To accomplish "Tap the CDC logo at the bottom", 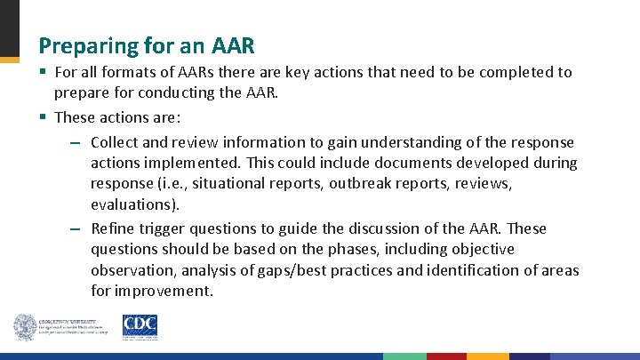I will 140,326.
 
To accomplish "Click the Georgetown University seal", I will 25,327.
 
